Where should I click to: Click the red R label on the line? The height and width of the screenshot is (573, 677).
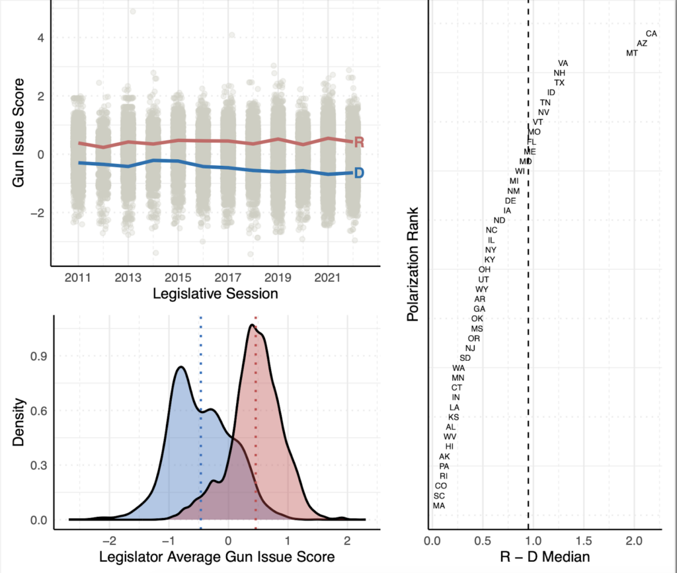coord(360,142)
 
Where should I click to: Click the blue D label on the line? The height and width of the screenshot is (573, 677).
coord(360,173)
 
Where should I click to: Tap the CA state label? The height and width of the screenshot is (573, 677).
coord(651,33)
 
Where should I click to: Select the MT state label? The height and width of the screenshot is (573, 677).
coord(632,53)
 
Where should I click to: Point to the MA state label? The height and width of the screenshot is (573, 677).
coord(438,506)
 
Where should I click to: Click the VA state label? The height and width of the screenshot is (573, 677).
coord(563,63)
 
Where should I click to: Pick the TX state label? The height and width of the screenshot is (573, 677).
coord(559,83)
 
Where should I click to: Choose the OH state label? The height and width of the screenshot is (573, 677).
coord(485,269)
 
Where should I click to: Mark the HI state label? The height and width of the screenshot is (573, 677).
coord(450,447)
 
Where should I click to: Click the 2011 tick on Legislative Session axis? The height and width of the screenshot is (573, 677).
coord(78,275)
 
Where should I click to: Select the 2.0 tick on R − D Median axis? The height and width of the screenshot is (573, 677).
coord(634,541)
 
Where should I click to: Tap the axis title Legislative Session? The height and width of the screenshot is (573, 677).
coord(215,293)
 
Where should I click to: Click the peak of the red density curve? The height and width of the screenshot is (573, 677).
coord(252,325)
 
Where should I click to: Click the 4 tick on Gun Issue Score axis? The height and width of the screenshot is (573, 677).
coord(40,38)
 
